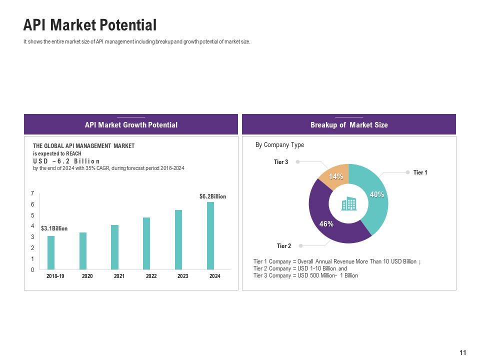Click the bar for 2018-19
click(51, 252)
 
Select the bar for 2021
click(115, 247)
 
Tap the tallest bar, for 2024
click(210, 235)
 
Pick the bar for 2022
click(146, 243)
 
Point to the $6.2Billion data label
click(212, 196)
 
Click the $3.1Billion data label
click(54, 228)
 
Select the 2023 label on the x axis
click(182, 276)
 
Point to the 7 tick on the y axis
click(32, 193)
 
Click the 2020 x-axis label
click(87, 276)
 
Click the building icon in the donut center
click(348, 204)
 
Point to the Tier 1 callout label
click(420, 172)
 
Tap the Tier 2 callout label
click(283, 246)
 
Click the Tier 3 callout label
click(280, 162)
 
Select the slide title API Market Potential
click(90, 25)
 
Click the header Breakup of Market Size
click(348, 125)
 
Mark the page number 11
click(462, 353)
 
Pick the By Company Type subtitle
click(279, 145)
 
